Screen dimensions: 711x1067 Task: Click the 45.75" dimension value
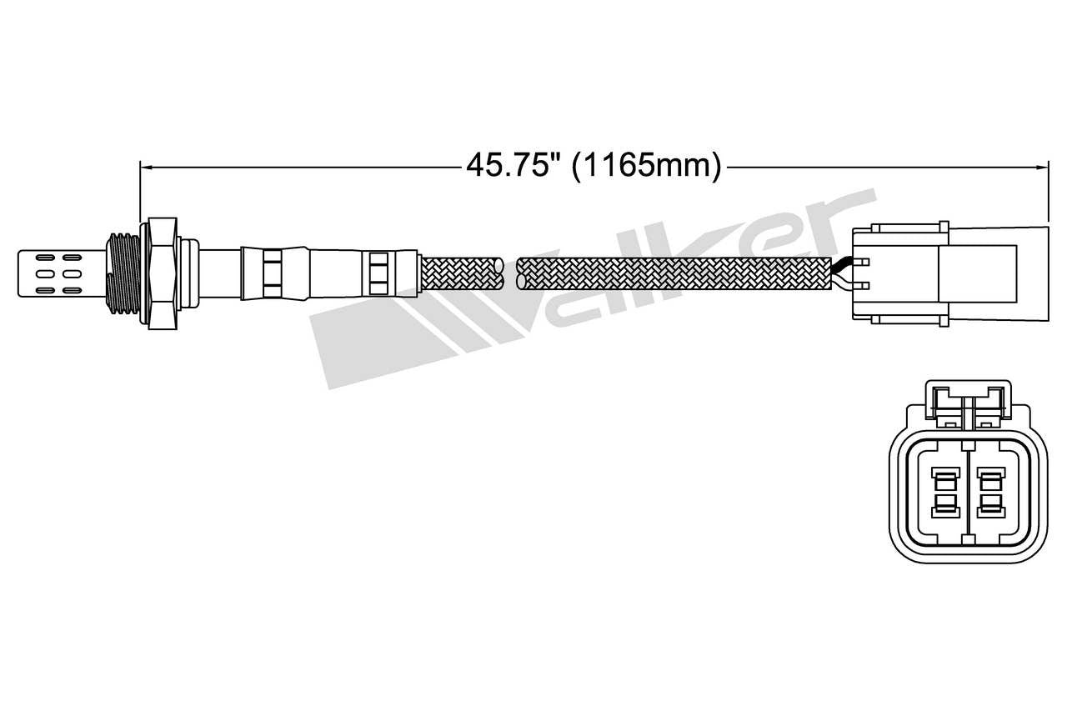(x=511, y=166)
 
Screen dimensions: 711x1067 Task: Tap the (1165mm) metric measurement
(x=646, y=166)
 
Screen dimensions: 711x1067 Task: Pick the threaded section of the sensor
(x=122, y=273)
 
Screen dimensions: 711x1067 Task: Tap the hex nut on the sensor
(x=161, y=273)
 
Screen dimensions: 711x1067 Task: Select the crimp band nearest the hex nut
(x=272, y=273)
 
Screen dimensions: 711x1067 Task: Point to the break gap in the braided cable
(x=509, y=273)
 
